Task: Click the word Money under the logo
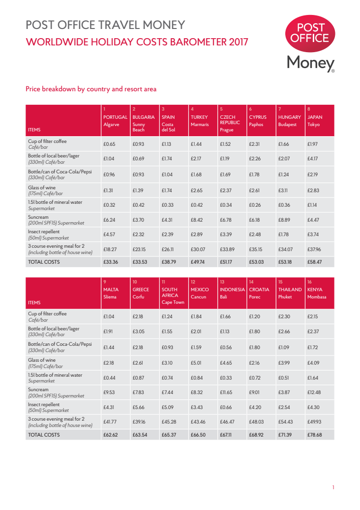[310, 63]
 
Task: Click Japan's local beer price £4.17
[313, 158]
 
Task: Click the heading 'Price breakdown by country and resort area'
[91, 89]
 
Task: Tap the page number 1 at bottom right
[333, 488]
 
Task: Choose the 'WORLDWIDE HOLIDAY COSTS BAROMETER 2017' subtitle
[137, 42]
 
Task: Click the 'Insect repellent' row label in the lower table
[44, 404]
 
